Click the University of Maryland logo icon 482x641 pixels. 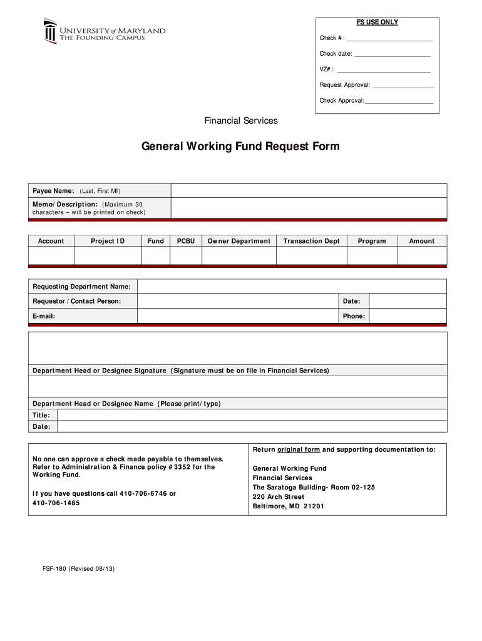tap(50, 31)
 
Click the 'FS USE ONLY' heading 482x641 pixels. tap(377, 23)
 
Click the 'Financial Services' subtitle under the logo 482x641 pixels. tap(241, 121)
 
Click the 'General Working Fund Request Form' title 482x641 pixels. tap(240, 147)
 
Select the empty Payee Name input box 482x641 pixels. tap(309, 191)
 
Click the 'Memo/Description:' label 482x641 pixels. tap(65, 205)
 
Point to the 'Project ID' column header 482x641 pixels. tap(108, 241)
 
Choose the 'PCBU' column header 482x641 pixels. tap(186, 241)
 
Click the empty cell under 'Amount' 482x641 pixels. tap(421, 256)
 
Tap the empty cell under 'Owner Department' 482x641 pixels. tap(238, 256)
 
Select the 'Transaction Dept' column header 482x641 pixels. tap(311, 241)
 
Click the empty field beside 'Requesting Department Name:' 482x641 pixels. tap(292, 287)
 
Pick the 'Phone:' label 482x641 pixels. tap(354, 316)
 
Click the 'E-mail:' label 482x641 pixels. tap(44, 316)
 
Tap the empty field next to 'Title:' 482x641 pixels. tap(252, 415)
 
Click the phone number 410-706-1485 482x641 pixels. tap(56, 503)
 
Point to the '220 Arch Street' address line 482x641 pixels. tap(278, 497)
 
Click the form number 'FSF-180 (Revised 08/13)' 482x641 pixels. tap(74, 569)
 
